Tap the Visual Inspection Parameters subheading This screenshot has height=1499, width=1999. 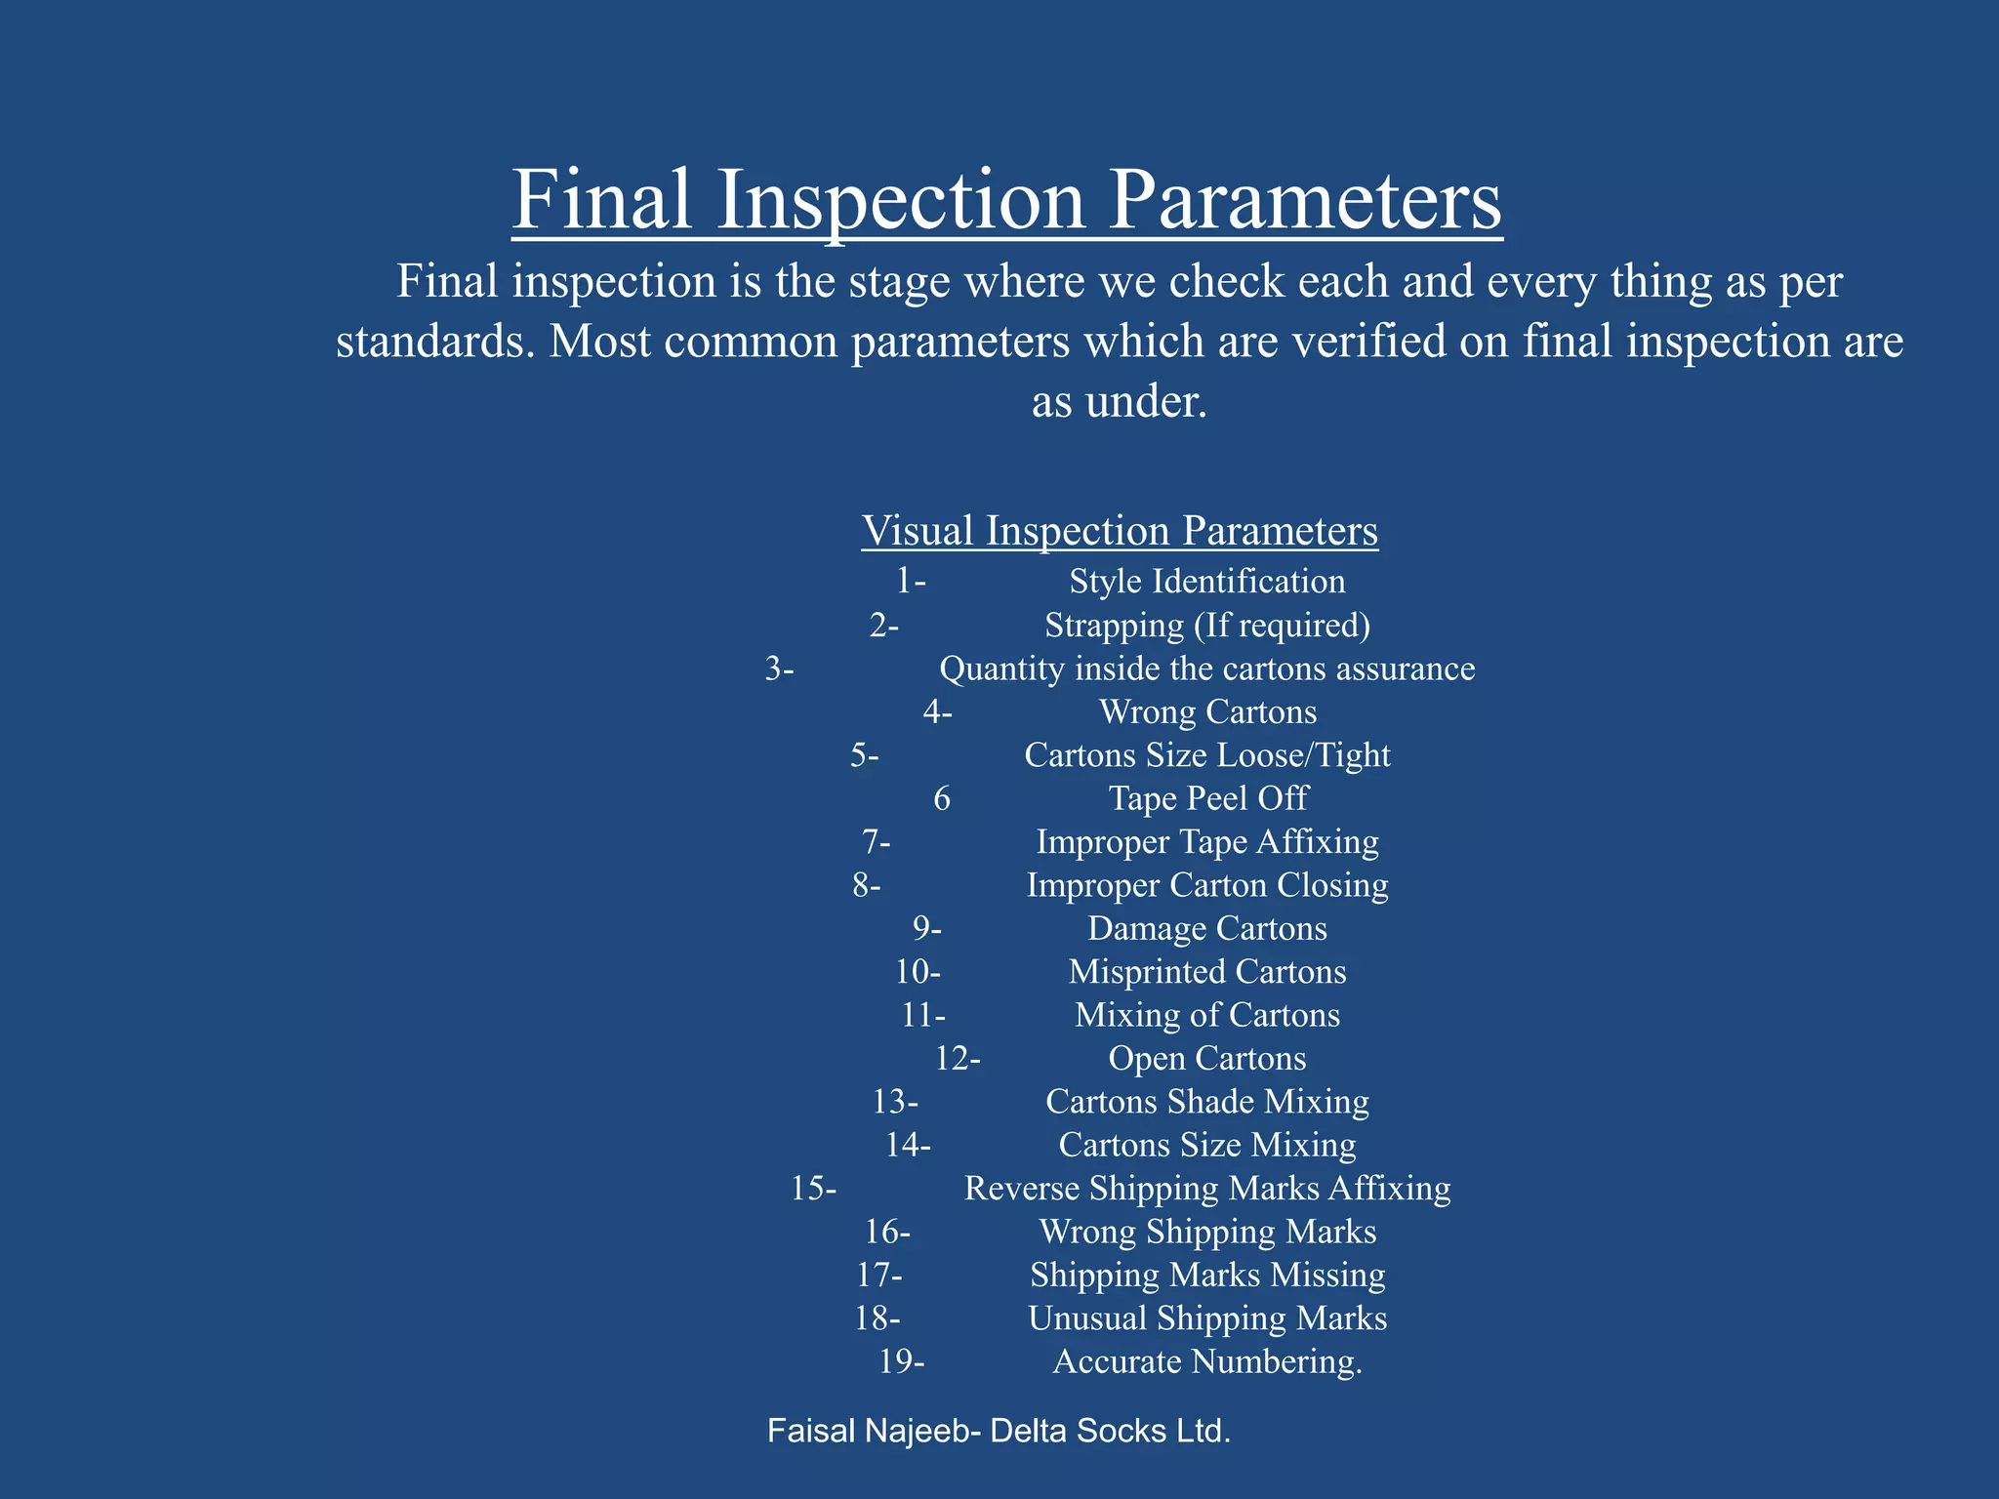tap(1120, 531)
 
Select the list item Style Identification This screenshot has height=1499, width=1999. tap(1206, 582)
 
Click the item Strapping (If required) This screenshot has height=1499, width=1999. tap(1206, 625)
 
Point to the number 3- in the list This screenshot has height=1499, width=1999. tap(779, 668)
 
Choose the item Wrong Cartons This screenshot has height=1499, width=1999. tap(1207, 712)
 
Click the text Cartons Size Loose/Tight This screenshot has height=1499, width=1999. tap(1206, 755)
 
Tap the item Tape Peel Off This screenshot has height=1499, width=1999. tap(1207, 798)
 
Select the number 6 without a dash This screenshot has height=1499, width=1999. tap(941, 799)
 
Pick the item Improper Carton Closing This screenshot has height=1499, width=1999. tap(1206, 885)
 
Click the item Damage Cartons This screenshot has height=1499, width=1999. tap(1206, 928)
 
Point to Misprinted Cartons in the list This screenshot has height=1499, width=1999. tap(1206, 972)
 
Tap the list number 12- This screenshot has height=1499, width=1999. tap(957, 1059)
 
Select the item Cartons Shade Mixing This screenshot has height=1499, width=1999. tap(1206, 1102)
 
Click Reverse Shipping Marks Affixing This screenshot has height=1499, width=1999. tap(1206, 1189)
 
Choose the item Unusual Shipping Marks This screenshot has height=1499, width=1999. tap(1206, 1318)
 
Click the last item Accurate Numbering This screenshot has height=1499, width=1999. tap(1206, 1361)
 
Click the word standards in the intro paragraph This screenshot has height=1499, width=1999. tap(434, 343)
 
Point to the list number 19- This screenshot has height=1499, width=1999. tap(900, 1361)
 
